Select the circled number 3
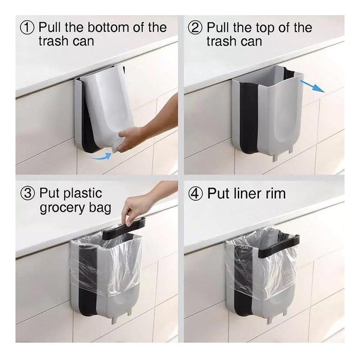[x=28, y=193]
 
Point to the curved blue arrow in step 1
[x=100, y=156]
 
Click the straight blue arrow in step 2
[x=312, y=86]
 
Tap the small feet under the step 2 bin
[x=282, y=155]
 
